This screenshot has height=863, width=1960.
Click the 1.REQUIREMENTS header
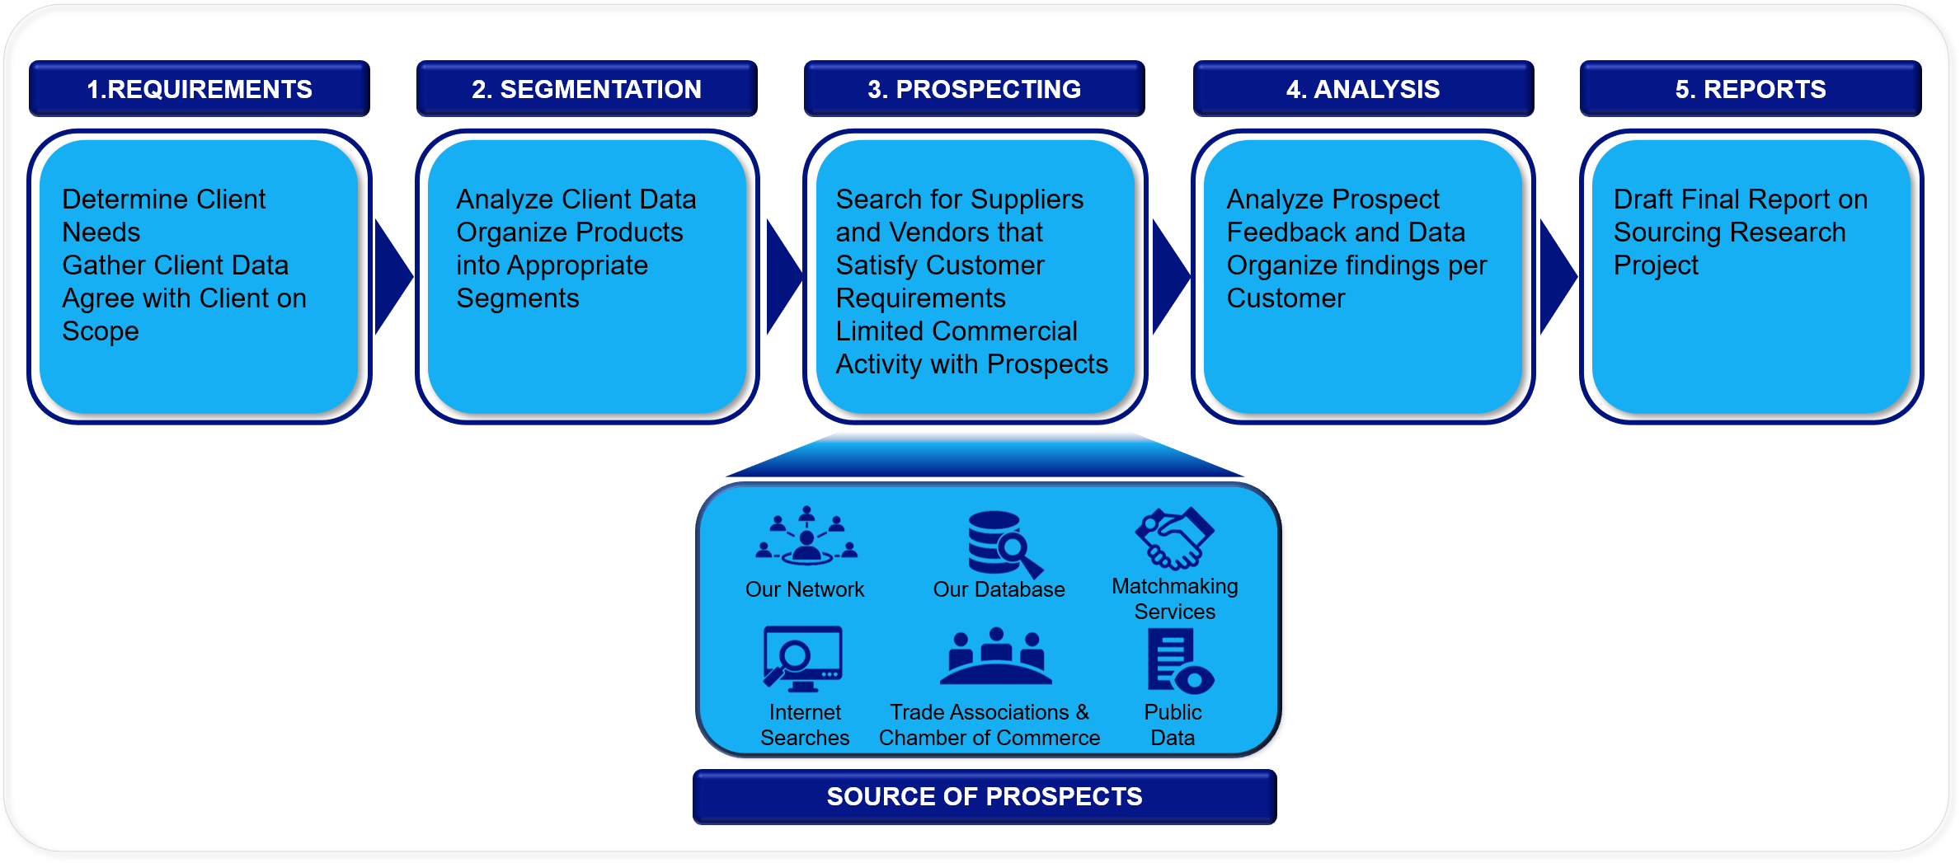tap(200, 88)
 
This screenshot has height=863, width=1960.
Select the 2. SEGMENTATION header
tap(586, 88)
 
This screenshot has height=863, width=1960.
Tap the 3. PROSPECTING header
tap(974, 88)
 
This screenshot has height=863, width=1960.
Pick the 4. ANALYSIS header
tap(1363, 88)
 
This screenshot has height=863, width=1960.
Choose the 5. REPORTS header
tap(1751, 88)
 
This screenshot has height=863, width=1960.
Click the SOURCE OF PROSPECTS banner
tap(985, 796)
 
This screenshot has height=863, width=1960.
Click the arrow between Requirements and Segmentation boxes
tap(392, 277)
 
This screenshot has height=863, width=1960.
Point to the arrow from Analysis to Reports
tap(1557, 277)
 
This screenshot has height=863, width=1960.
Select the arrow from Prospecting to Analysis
tap(1169, 277)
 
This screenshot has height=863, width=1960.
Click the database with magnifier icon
tap(1004, 544)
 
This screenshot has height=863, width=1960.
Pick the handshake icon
tap(1175, 538)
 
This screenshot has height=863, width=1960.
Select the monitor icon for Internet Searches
tap(802, 659)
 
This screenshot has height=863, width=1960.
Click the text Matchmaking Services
tap(1175, 598)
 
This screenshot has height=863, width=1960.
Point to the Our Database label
tap(999, 589)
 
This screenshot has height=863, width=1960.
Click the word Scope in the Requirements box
tap(101, 331)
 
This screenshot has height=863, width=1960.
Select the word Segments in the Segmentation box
tap(518, 298)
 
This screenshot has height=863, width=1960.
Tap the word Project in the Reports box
tap(1656, 265)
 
